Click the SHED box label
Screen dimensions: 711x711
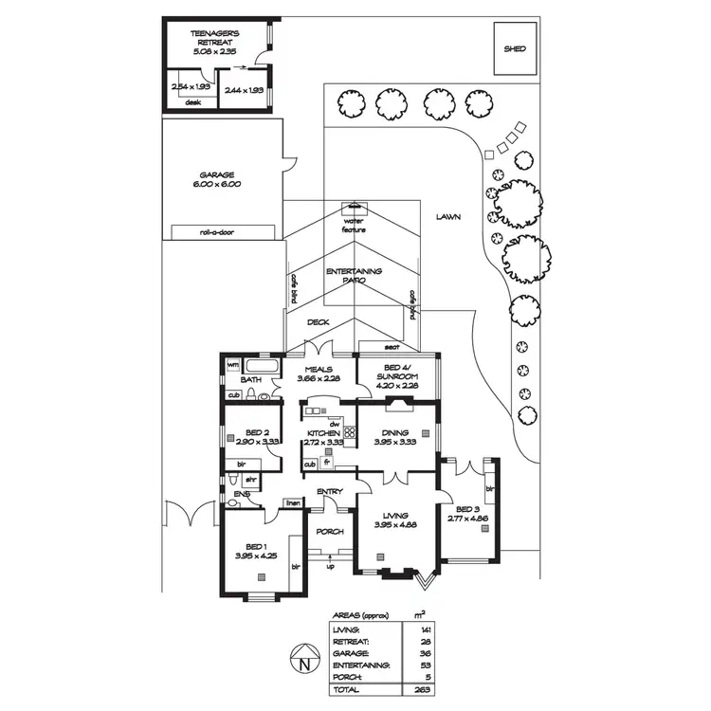coord(515,48)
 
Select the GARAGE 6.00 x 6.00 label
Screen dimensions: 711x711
coord(217,179)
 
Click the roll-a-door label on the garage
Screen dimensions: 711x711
coord(217,232)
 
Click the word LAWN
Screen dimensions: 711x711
coord(448,217)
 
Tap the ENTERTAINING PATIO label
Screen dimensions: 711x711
coord(354,276)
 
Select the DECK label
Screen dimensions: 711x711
coord(318,322)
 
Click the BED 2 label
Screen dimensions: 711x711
coord(250,437)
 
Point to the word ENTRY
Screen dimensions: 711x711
coord(330,491)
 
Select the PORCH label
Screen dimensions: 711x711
coord(330,531)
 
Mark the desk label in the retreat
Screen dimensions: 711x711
coord(192,102)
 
